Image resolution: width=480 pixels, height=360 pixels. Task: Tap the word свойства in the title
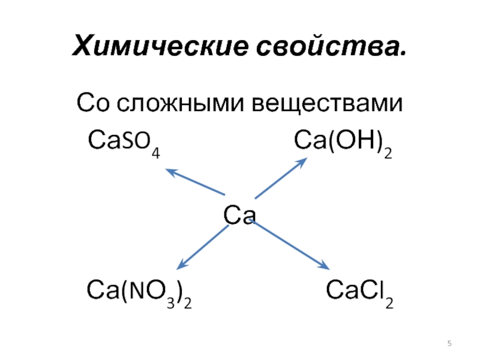pos(329,45)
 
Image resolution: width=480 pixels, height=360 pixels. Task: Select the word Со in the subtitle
pos(93,105)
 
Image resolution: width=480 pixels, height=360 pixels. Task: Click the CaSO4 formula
pos(124,142)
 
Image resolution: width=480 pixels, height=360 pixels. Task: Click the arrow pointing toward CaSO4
pos(195,182)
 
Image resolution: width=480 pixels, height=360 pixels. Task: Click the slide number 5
pos(449,343)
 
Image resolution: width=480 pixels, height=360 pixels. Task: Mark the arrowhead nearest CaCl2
pos(324,266)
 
